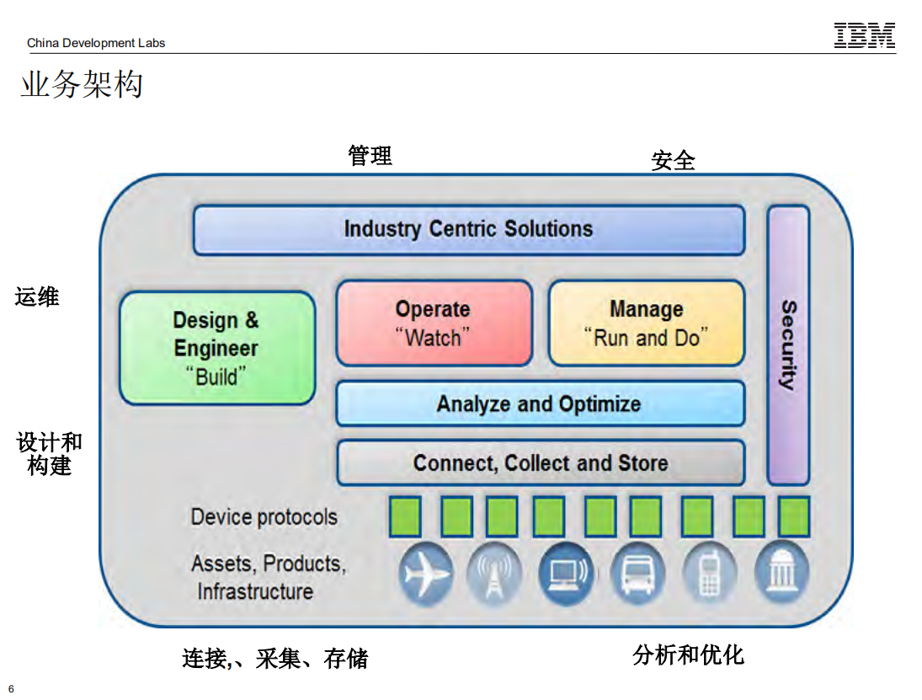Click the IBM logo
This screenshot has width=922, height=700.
point(864,35)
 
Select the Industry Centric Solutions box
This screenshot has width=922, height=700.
point(469,230)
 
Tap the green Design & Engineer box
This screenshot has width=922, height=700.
point(216,348)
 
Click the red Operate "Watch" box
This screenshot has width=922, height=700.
point(434,323)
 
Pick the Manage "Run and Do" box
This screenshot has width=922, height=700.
point(646,323)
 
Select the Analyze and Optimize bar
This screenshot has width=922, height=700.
point(540,404)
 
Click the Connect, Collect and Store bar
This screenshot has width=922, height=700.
point(540,463)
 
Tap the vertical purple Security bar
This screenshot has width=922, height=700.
point(788,345)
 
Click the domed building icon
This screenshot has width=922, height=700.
point(782,573)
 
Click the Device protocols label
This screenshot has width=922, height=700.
point(264,516)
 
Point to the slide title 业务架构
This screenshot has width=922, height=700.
point(82,84)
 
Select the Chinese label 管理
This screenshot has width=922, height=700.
point(370,156)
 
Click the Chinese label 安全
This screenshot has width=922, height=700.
point(673,160)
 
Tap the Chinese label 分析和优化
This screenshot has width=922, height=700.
point(688,655)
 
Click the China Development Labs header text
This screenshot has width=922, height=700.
point(96,43)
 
